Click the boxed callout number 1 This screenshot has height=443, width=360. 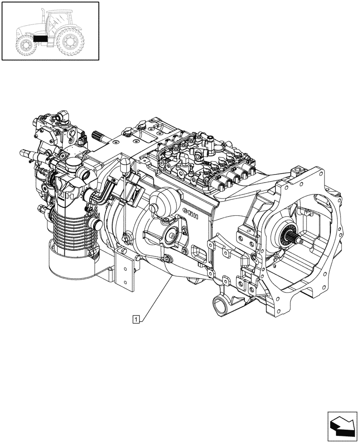pyautogui.click(x=137, y=318)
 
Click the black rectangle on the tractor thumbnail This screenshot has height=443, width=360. pyautogui.click(x=40, y=39)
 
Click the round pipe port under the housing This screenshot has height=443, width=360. pyautogui.click(x=220, y=305)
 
